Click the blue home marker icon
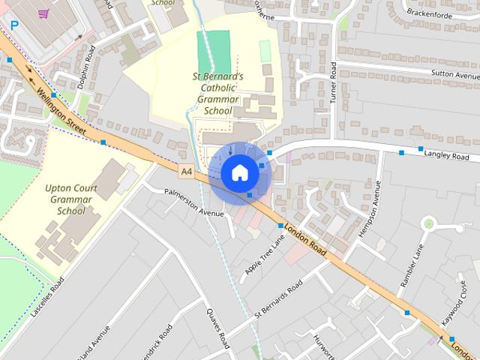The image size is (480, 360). coord(239,172)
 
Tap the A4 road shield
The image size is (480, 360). coord(187,172)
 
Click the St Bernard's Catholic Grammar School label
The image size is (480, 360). coord(216,94)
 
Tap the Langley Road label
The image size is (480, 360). coord(445,156)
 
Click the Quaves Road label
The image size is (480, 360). coord(218,331)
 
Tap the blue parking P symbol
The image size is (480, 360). coord(13,25)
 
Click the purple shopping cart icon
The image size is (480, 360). coord(43,13)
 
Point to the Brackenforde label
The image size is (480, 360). coord(431,12)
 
